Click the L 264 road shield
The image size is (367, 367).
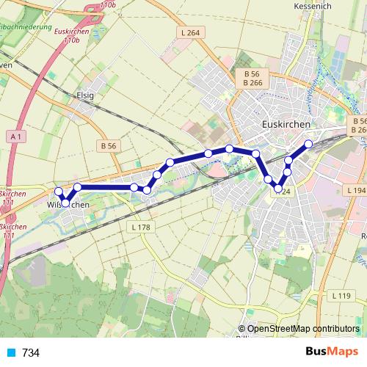pos(189,32)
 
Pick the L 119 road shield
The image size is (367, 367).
pos(341,296)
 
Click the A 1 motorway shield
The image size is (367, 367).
pos(18,137)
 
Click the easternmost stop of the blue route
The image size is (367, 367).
pos(308,144)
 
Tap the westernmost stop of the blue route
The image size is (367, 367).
pos(59,192)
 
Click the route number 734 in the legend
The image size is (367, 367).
pos(31,353)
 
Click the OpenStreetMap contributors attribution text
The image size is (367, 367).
pos(302,329)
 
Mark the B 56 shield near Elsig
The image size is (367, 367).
pos(107,146)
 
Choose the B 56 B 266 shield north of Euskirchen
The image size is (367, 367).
pos(253,79)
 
